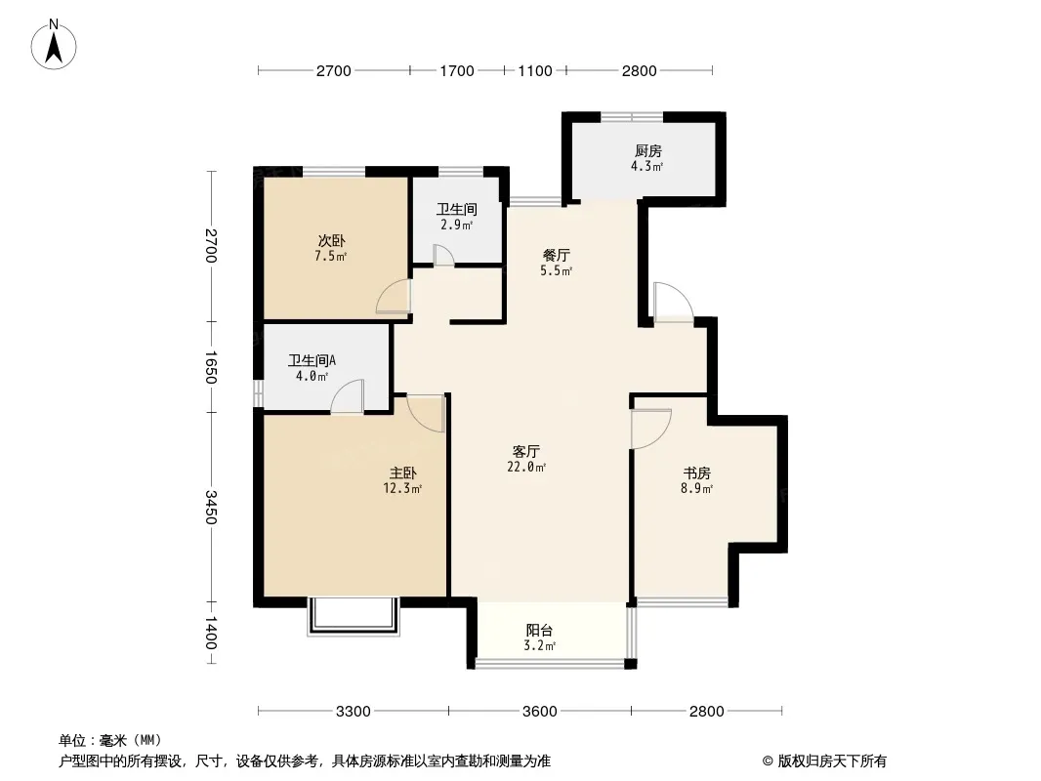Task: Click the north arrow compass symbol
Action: coord(54,45)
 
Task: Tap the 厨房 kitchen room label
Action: coord(648,151)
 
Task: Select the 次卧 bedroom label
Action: coord(331,241)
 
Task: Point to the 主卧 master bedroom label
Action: coord(403,473)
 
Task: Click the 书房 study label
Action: coord(697,473)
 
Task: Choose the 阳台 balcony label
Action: coord(539,631)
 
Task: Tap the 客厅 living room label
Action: coord(525,452)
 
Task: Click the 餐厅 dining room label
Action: coord(557,255)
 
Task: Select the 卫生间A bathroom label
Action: coord(312,360)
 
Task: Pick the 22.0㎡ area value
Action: coord(526,468)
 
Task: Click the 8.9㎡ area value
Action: coord(696,489)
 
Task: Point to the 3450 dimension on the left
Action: coord(211,507)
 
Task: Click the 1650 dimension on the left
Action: coord(211,367)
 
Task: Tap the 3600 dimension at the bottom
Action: coord(540,712)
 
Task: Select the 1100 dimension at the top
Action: coord(535,70)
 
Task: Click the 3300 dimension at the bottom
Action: coord(354,712)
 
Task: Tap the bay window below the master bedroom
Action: coord(354,617)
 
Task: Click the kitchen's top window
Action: coord(632,117)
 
